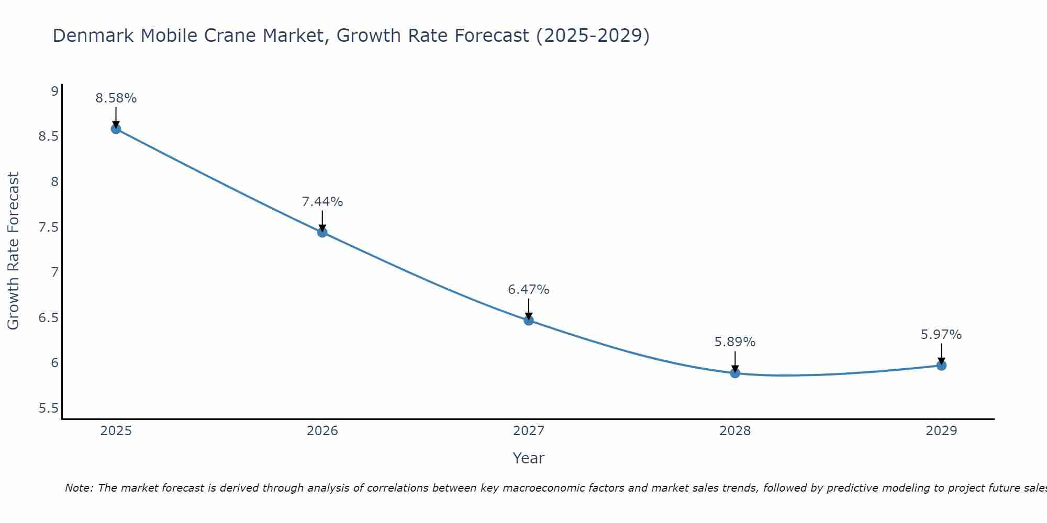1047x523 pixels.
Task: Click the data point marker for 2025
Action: pos(116,129)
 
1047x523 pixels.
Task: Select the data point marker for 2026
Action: pos(322,232)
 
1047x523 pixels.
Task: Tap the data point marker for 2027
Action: pos(529,320)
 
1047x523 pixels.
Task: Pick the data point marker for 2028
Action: pos(735,373)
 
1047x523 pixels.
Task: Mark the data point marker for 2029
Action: pos(941,365)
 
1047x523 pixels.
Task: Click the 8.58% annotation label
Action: pos(116,98)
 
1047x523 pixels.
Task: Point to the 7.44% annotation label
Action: pos(322,202)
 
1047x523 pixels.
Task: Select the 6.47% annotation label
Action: pos(529,290)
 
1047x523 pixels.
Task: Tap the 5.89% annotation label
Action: pos(735,342)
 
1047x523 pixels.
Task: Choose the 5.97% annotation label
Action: pos(941,335)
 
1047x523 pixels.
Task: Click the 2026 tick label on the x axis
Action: pos(322,431)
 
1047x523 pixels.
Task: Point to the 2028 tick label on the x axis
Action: pos(735,431)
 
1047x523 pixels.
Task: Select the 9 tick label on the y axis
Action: pos(54,92)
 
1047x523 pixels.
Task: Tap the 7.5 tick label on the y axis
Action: pos(48,228)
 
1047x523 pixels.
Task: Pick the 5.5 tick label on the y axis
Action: pos(48,408)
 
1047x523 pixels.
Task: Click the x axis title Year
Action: pos(529,458)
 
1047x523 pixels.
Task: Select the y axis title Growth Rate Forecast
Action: pos(13,251)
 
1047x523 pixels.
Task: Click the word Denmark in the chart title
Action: pos(93,36)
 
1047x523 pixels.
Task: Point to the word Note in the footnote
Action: pos(78,488)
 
